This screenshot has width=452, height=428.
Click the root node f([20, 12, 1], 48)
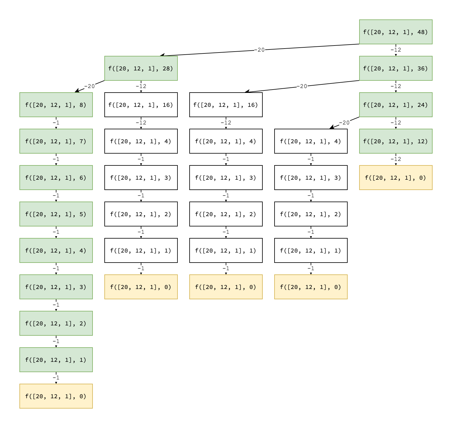[396, 32]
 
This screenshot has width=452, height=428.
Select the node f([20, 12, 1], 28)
[141, 68]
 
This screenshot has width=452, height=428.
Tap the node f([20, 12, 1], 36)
[396, 68]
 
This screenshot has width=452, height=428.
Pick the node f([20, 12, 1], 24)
[396, 105]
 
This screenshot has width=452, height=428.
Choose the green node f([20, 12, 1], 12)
[396, 141]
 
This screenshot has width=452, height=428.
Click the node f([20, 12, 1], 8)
[56, 105]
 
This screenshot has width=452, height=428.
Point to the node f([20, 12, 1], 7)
[56, 141]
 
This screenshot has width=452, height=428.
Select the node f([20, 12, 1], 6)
[56, 178]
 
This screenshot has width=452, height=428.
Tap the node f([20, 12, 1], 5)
[56, 214]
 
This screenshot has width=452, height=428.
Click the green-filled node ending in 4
[56, 250]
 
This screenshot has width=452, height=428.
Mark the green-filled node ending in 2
[56, 323]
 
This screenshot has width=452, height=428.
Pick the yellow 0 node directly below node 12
[396, 178]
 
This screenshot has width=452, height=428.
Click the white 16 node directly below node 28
[141, 105]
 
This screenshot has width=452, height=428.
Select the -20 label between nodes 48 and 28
[259, 50]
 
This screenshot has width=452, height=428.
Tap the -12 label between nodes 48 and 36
[396, 50]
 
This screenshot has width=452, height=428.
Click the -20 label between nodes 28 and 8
[89, 86]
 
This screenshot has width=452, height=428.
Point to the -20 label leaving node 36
[302, 86]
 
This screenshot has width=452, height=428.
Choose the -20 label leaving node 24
[344, 123]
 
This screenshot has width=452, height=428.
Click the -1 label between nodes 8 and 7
[56, 123]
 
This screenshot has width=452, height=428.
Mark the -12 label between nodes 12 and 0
[396, 159]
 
